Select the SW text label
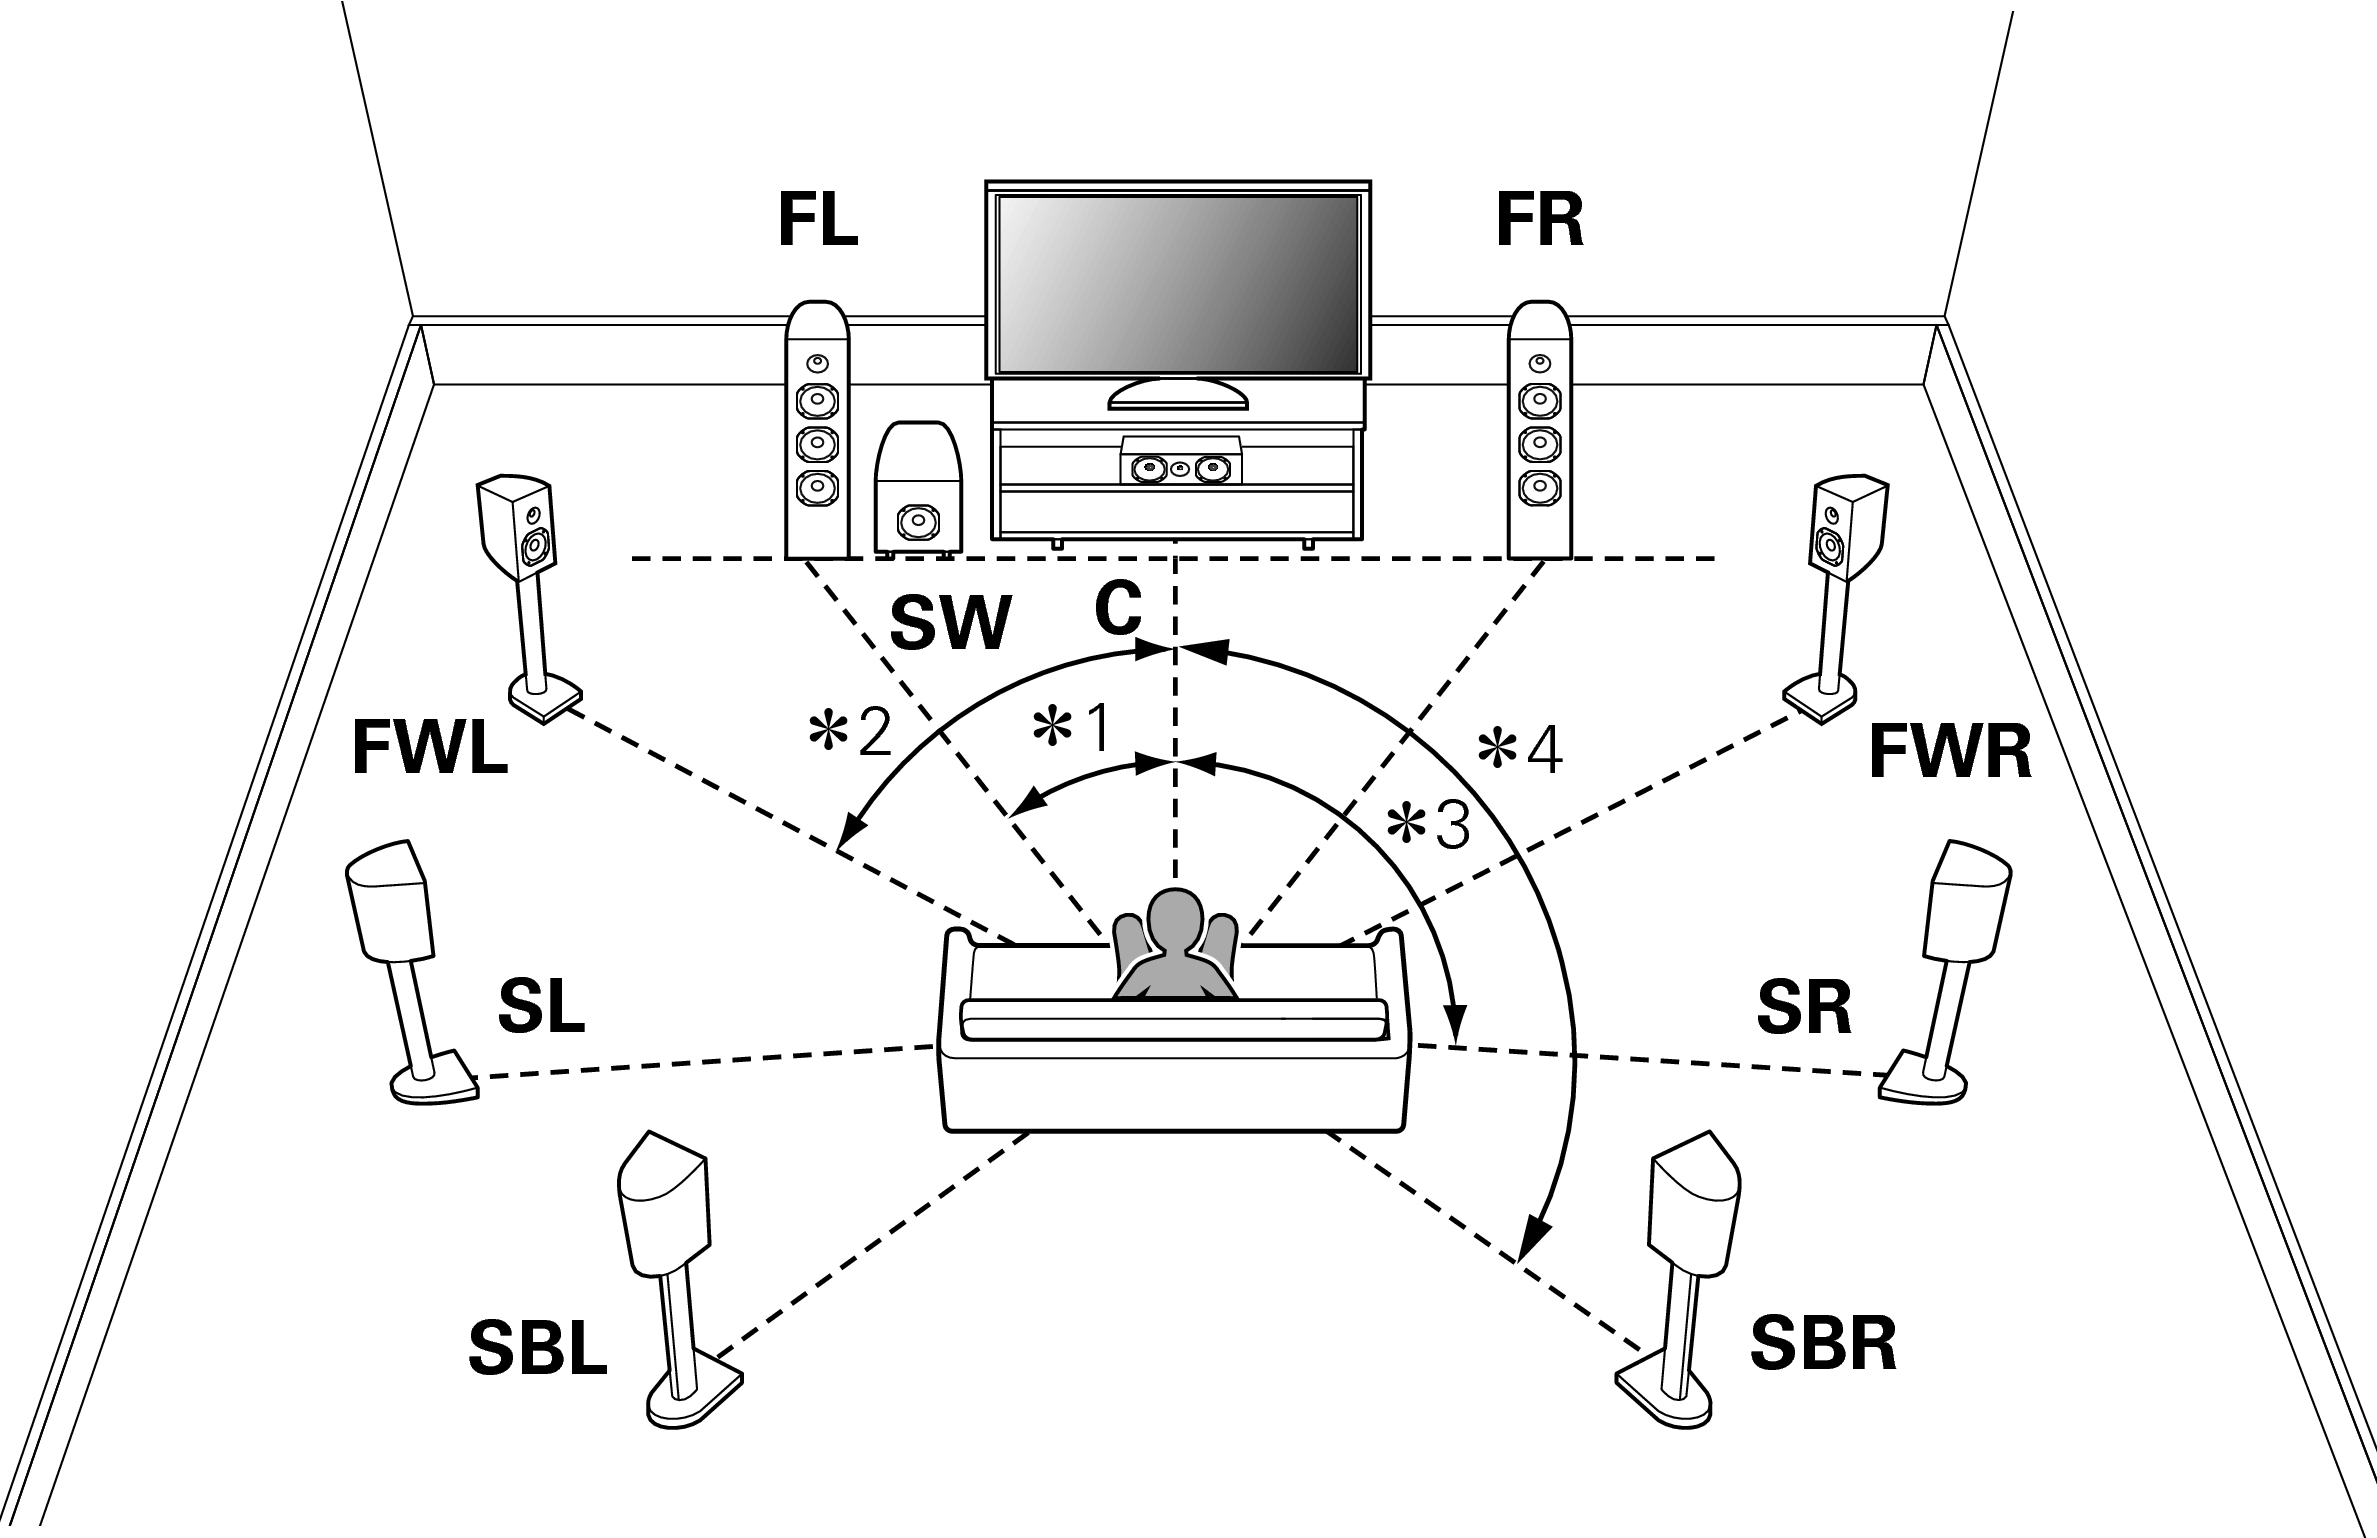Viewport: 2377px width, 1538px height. tap(950, 624)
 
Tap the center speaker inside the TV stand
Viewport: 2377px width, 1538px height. tap(1180, 466)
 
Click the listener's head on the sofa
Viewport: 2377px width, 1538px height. tap(1176, 920)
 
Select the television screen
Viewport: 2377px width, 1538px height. tap(1177, 284)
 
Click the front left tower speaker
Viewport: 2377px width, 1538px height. tap(818, 430)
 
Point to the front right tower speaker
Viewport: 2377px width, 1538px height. tap(1539, 430)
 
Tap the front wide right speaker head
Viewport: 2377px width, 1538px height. tap(1850, 530)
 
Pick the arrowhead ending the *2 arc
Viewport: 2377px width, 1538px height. tap(851, 832)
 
